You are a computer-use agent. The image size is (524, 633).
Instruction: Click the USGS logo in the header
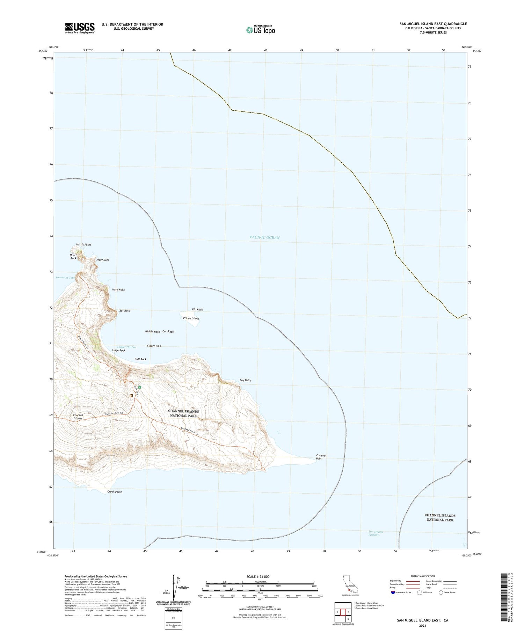(80, 28)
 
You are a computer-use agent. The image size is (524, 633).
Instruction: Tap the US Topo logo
(260, 30)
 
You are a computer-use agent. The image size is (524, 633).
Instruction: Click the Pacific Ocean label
(264, 237)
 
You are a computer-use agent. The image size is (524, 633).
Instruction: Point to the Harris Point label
(83, 245)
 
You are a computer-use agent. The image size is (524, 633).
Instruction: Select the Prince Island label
(191, 318)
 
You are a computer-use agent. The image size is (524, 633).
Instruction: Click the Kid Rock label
(197, 310)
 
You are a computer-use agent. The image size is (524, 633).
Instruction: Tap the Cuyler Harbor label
(127, 347)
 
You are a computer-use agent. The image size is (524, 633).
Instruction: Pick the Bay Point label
(245, 380)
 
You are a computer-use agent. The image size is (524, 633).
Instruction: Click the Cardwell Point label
(321, 457)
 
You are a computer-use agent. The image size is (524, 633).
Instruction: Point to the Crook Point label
(115, 492)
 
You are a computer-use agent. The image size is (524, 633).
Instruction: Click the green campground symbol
(139, 387)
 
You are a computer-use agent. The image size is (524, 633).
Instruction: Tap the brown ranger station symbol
(131, 396)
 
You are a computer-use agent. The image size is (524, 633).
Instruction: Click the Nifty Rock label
(103, 260)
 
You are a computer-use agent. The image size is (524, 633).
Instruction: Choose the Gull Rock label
(140, 359)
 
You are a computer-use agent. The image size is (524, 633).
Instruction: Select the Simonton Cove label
(65, 278)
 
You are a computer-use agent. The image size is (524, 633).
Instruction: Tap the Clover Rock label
(154, 346)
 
